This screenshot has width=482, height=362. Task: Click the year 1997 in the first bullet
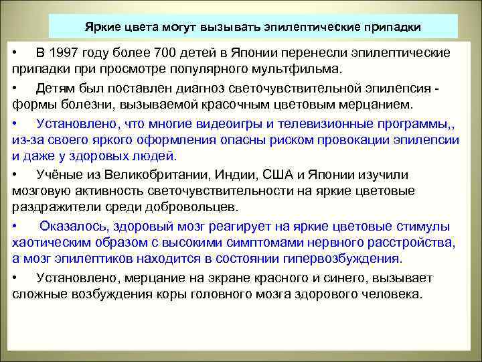[x=69, y=53]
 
